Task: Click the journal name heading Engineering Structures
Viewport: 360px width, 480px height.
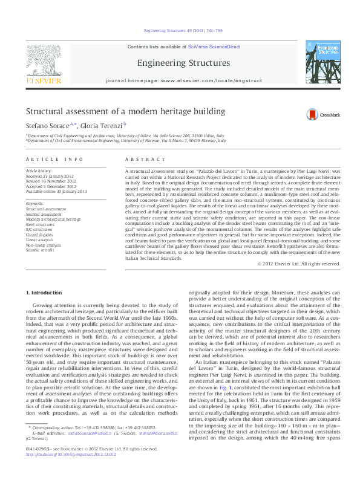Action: click(183, 63)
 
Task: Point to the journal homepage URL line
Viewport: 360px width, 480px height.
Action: click(183, 80)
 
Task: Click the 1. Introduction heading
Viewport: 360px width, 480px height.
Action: click(47, 293)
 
